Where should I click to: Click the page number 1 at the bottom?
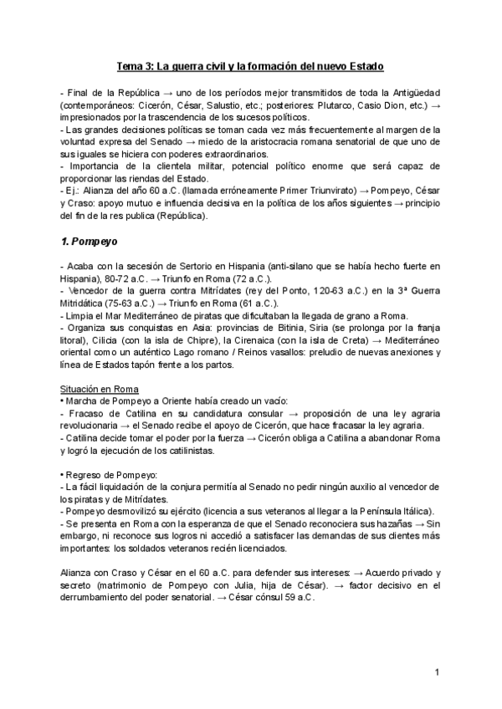click(438, 673)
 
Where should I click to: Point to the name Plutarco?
click(330, 106)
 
